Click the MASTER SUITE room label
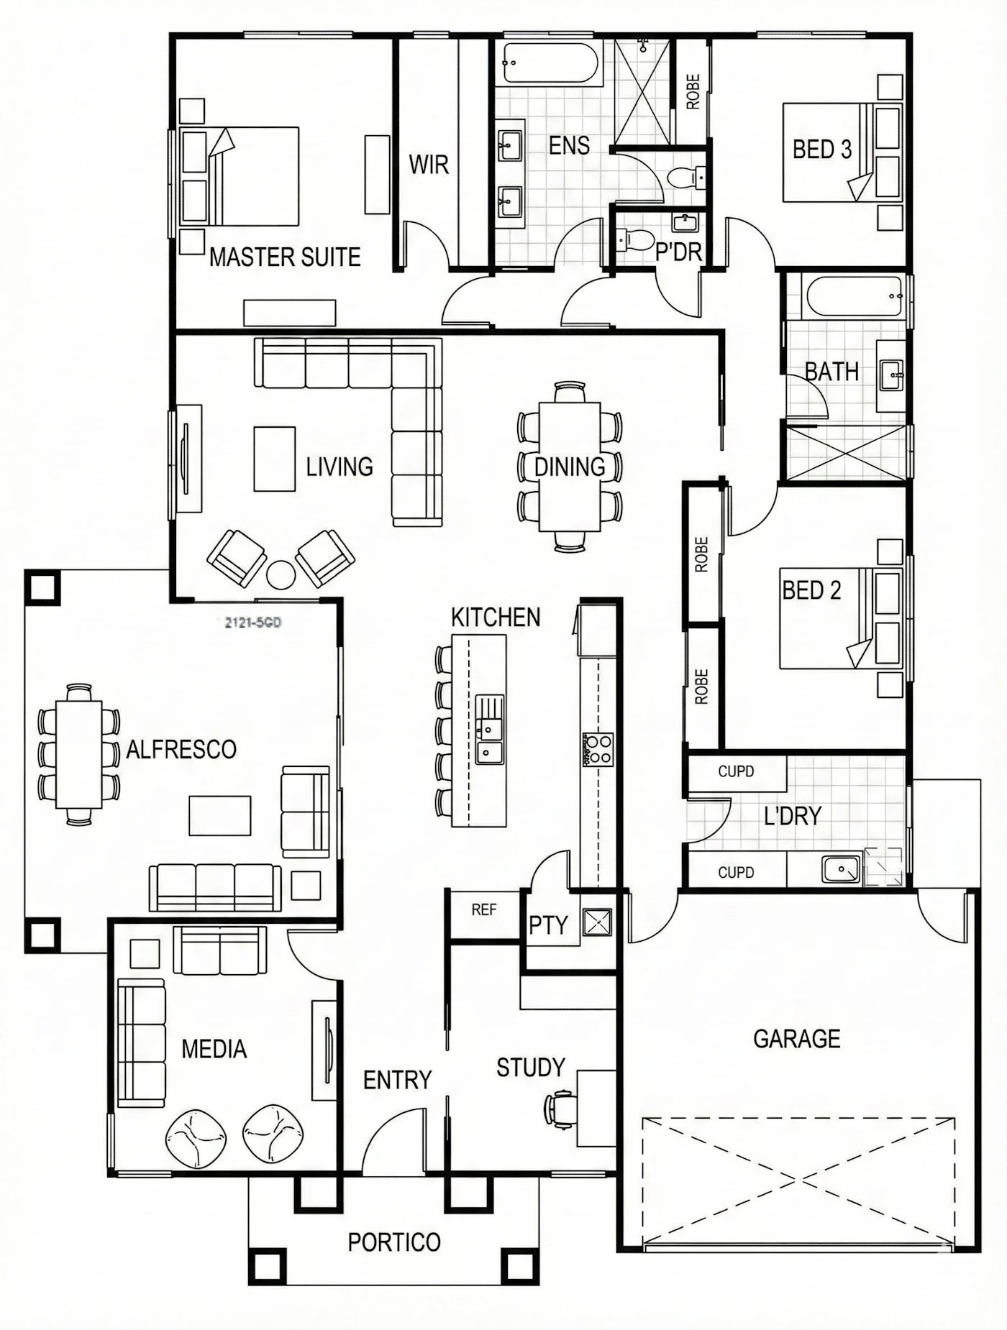(x=285, y=257)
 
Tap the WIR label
(x=429, y=165)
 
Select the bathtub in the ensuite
(x=551, y=63)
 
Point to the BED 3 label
(x=821, y=150)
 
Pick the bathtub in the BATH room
(x=855, y=295)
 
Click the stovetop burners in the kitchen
(x=598, y=749)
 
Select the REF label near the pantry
(x=484, y=910)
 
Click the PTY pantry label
(x=549, y=925)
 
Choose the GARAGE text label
(x=796, y=1039)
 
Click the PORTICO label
(x=394, y=1242)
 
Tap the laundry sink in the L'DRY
(x=841, y=870)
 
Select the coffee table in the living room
(x=274, y=459)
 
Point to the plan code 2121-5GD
(x=252, y=623)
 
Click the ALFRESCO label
(x=181, y=750)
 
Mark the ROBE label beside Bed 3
(x=693, y=92)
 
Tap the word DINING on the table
(x=570, y=467)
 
